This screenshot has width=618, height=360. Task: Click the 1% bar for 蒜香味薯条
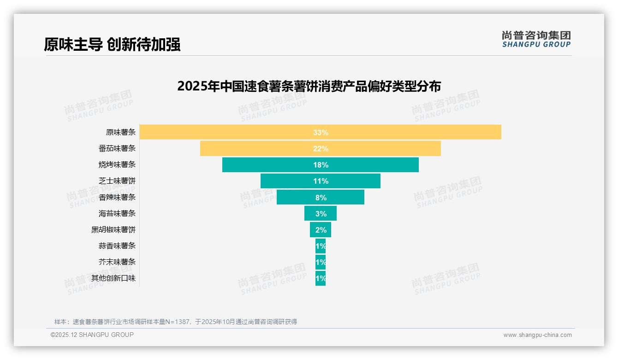point(321,246)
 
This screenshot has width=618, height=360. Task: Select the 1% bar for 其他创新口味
point(321,278)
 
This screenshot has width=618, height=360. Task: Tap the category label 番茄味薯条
point(117,149)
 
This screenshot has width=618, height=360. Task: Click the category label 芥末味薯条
point(117,262)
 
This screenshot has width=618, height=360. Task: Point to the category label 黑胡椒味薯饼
point(113,229)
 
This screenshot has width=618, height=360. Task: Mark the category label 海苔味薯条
point(117,213)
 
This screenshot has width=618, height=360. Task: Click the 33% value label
point(321,132)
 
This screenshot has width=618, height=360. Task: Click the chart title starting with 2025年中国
point(309,86)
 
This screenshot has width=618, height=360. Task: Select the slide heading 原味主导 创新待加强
point(112,44)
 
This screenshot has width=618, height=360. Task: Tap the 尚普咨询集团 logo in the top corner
point(536,39)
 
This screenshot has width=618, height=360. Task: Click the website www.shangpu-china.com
point(537,335)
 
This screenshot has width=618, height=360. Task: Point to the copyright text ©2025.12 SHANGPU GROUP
point(92,335)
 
